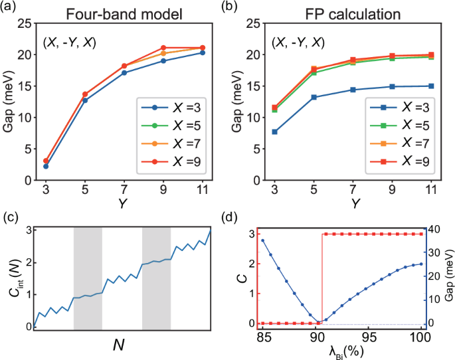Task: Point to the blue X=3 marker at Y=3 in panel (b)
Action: [x=274, y=132]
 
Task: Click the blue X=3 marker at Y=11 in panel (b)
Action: [x=431, y=86]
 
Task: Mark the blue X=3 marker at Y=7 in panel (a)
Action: [x=124, y=72]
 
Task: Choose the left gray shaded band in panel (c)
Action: [x=88, y=278]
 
